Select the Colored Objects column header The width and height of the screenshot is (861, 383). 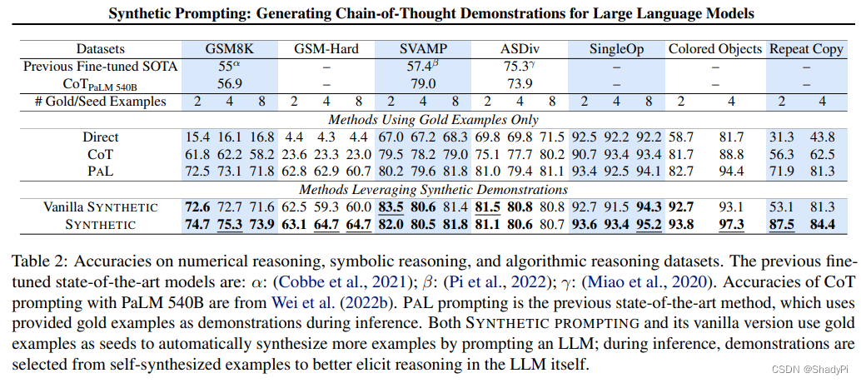(715, 49)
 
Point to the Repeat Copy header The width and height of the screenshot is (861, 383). (806, 49)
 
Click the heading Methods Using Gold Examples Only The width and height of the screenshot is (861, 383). (432, 119)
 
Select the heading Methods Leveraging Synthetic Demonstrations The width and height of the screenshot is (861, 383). (432, 189)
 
